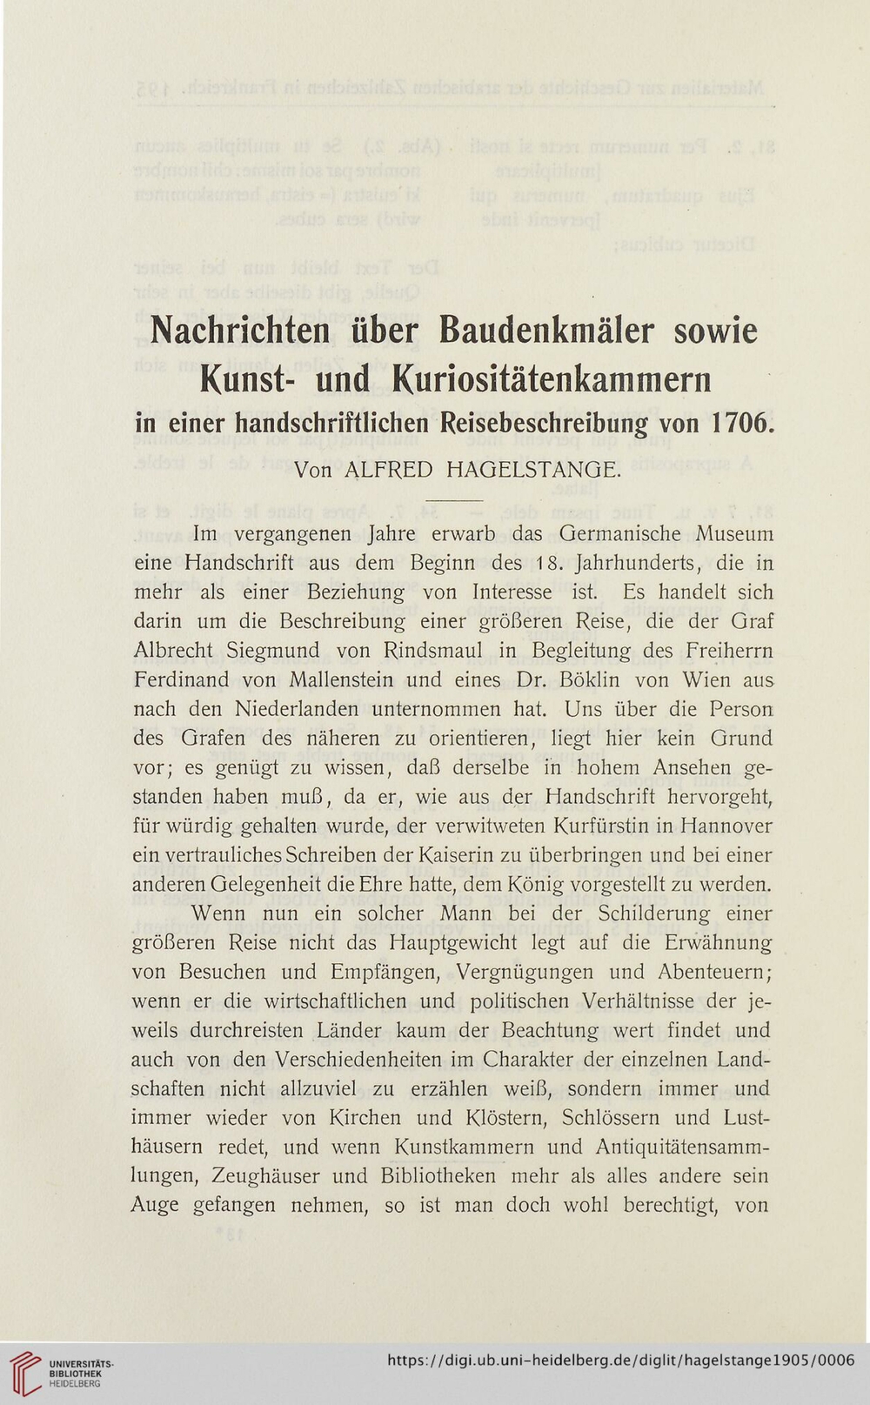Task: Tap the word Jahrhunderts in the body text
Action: point(641,563)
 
